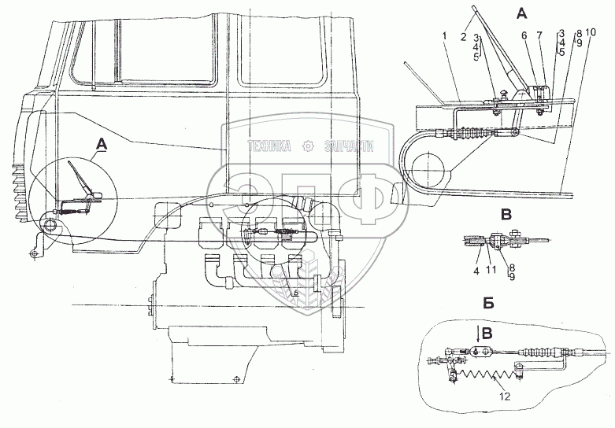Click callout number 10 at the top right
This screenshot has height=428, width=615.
click(x=591, y=32)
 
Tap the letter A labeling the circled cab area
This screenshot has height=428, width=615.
click(x=100, y=142)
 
